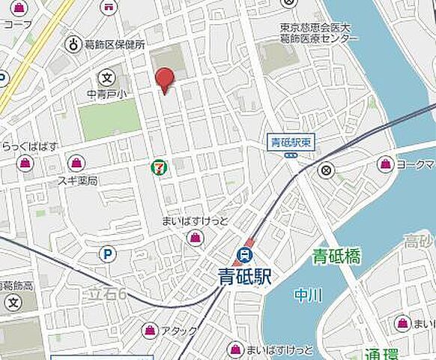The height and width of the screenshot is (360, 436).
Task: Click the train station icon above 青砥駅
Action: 245,253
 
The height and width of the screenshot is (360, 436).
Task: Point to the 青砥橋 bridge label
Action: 336,258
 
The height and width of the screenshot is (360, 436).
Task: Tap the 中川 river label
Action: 307,295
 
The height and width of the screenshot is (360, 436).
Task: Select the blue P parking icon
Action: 108,255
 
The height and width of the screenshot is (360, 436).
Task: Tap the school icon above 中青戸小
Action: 107,77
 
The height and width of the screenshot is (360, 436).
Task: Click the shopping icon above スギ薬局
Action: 76,163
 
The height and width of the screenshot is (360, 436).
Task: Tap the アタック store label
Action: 179,330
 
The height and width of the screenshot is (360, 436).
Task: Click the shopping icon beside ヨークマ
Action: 385,163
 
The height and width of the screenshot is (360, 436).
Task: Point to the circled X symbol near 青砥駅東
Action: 326,171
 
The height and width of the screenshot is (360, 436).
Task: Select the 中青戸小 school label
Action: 107,94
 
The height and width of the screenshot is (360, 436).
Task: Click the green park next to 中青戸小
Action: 109,119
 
